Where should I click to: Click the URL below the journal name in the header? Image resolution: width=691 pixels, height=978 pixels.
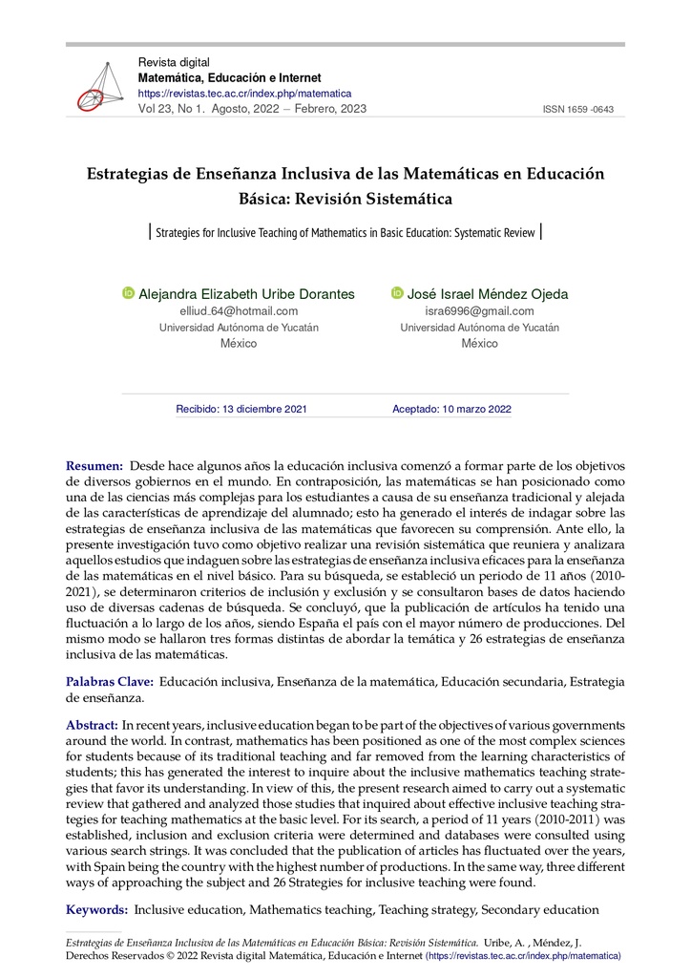pos(245,94)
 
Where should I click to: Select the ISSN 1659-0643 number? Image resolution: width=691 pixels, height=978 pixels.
pos(577,110)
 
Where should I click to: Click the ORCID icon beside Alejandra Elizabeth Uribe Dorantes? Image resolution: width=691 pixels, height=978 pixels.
pos(129,293)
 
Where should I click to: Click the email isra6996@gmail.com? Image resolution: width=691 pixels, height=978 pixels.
pos(479,311)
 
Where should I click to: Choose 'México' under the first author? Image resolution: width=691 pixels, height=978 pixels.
pos(239,343)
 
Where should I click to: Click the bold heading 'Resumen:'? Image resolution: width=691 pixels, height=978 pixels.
pos(94,465)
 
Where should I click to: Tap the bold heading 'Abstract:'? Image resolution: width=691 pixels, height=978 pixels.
pos(93,726)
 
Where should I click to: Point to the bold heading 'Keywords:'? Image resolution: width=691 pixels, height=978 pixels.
pos(95,910)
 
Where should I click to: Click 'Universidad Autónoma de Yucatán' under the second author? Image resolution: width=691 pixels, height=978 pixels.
pos(479,328)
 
